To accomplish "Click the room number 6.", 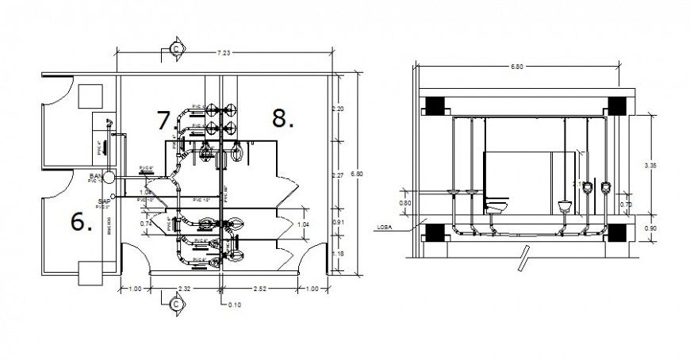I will (x=82, y=222).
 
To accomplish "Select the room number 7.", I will (x=165, y=121).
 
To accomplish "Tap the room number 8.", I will (x=283, y=118).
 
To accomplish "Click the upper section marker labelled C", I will (x=174, y=49).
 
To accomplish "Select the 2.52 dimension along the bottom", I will (x=261, y=288).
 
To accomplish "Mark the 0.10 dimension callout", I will (x=234, y=304).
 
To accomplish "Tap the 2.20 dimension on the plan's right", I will (x=339, y=108).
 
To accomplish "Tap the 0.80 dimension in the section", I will (x=405, y=203).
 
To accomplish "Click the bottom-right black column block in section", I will (x=617, y=233).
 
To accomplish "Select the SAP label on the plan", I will (x=103, y=201).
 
